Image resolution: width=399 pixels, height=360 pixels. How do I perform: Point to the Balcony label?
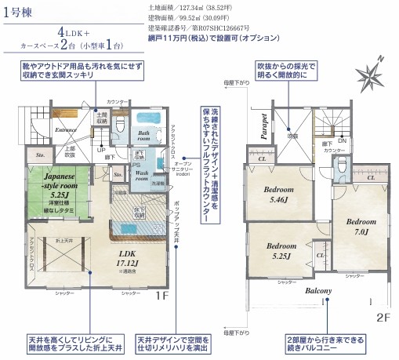[319, 291]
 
